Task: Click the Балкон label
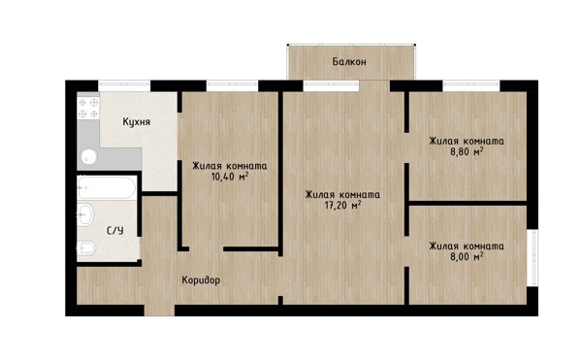pos(349,61)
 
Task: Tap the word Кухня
pos(137,121)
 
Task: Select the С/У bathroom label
pos(115,231)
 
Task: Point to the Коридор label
pos(201,280)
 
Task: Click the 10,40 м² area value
pos(230,177)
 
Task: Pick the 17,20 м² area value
pos(342,205)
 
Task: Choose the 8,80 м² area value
pos(467,151)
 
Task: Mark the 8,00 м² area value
pos(467,256)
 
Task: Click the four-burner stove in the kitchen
pos(88,108)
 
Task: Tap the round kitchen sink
pos(88,157)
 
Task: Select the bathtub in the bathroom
pos(106,187)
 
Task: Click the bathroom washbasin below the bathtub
pos(85,214)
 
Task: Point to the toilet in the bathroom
pos(86,247)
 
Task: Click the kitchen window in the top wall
pos(124,85)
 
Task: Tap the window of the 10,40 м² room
pos(232,85)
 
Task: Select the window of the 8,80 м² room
pos(471,85)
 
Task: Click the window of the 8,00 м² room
pos(533,257)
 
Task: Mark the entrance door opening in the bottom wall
pos(159,311)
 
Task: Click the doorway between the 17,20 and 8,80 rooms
pos(406,147)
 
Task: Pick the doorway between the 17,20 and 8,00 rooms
pos(406,251)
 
